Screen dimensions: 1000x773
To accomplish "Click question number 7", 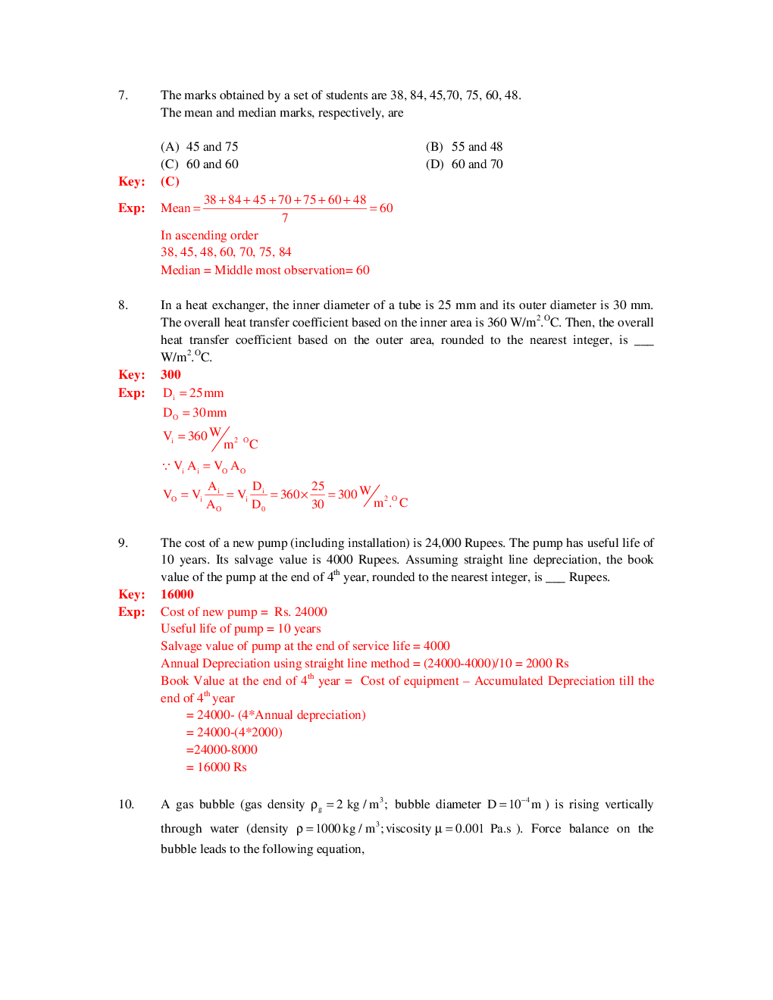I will click(123, 95).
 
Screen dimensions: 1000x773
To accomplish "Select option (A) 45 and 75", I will click(199, 147).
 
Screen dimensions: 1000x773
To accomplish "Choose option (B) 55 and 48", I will click(464, 147).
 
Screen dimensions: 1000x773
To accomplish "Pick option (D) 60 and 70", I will click(464, 164).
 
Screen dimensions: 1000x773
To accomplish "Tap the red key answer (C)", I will click(170, 182).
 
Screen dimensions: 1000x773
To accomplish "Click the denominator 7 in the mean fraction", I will click(285, 218).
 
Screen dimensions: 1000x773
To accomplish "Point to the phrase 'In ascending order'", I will click(209, 236).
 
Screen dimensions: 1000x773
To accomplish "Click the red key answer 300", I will click(171, 375).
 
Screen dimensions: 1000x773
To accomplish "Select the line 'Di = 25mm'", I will click(193, 393).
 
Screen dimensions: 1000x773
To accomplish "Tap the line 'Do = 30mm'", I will click(195, 413).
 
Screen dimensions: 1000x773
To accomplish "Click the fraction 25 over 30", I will click(318, 495).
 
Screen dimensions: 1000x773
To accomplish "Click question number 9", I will click(123, 543).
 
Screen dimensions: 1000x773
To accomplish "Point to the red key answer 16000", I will click(177, 595).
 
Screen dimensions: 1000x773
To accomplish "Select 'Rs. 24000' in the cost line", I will click(301, 612).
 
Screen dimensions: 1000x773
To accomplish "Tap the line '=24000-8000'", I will click(221, 750).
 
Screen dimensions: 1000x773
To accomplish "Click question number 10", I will click(126, 805).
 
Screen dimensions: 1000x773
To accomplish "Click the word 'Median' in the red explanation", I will click(180, 270).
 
